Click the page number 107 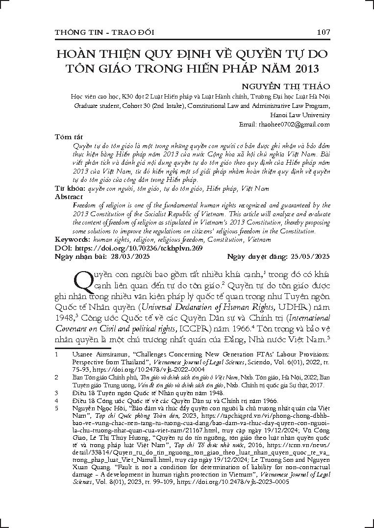[x=323, y=32]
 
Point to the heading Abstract [x=69, y=197]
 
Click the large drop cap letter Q [x=84, y=281]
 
